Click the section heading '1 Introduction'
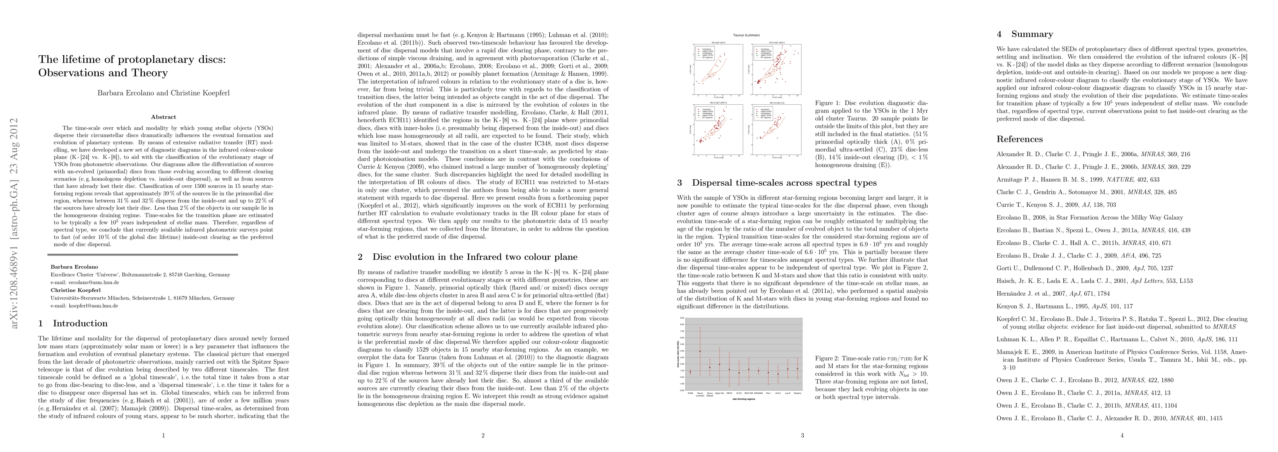[x=73, y=324]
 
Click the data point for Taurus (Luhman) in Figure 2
[x=700, y=351]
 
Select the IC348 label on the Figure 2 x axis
[x=690, y=392]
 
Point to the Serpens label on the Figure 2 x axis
[x=797, y=392]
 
